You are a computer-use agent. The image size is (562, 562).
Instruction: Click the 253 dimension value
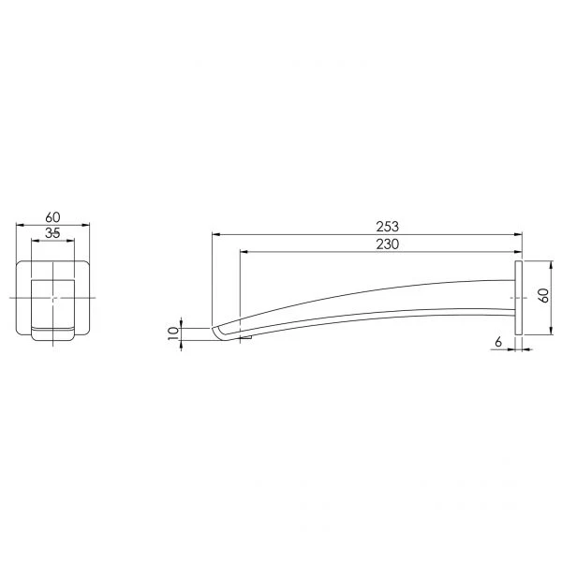point(387,227)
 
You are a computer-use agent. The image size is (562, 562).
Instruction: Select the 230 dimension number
point(387,244)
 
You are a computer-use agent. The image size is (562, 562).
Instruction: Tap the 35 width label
point(52,233)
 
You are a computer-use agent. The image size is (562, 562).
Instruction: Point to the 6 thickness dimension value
point(498,342)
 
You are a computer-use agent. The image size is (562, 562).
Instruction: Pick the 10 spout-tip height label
point(173,333)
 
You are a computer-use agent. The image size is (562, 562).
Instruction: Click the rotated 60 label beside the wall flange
point(544,295)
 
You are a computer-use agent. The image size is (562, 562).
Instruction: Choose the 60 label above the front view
point(53,217)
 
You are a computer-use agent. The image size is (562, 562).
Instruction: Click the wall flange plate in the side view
point(518,298)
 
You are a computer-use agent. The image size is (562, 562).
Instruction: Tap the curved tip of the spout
point(218,333)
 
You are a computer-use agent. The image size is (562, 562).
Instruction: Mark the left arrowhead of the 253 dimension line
point(215,235)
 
